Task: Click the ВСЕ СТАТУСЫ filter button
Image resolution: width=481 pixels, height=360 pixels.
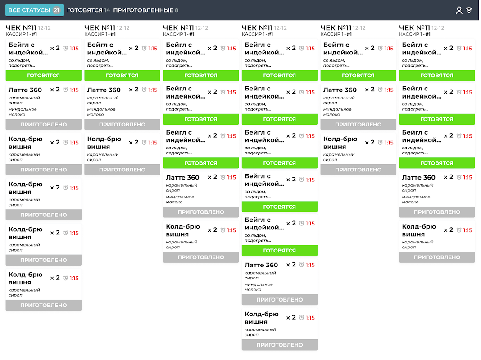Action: [29, 10]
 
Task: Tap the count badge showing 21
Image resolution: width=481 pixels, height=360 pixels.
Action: [56, 10]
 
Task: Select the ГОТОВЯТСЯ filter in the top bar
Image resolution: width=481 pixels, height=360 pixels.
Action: [85, 10]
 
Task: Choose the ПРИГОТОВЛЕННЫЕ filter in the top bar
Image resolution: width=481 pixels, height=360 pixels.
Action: [143, 10]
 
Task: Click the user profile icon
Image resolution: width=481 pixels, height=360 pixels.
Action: [459, 10]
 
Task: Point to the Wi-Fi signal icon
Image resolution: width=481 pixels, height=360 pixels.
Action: [469, 10]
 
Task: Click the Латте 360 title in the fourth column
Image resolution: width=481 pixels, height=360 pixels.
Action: [261, 265]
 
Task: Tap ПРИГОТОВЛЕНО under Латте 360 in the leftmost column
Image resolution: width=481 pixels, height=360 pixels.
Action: [43, 125]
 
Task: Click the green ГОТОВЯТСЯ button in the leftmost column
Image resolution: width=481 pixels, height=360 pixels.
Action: [43, 76]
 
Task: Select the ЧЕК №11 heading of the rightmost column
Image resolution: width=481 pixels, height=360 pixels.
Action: [415, 28]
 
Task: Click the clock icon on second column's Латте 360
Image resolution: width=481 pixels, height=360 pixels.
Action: [144, 90]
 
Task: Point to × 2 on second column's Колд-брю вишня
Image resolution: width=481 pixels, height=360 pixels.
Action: [134, 142]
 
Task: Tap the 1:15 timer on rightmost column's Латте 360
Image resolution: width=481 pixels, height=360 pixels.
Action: [467, 177]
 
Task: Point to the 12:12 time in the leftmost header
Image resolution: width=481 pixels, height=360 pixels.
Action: [45, 28]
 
